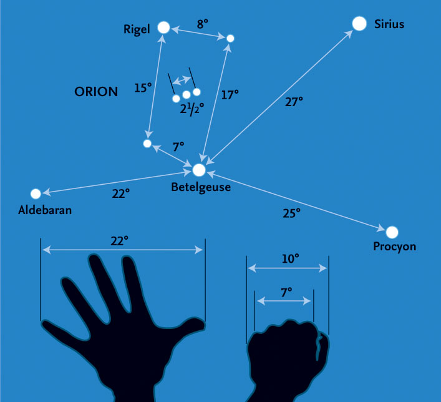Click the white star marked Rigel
163,27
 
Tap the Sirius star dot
359,23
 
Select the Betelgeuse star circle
199,170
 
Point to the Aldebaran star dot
36,194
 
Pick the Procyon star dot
392,232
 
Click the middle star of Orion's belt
186,95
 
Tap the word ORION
96,92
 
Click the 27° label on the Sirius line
294,102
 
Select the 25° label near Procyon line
291,213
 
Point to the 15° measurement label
143,88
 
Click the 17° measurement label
230,95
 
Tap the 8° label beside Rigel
202,24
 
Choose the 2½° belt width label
192,109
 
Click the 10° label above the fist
290,258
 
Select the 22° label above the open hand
119,241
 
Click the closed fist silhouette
288,358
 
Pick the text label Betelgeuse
201,187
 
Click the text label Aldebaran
45,210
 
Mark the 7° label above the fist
286,293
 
